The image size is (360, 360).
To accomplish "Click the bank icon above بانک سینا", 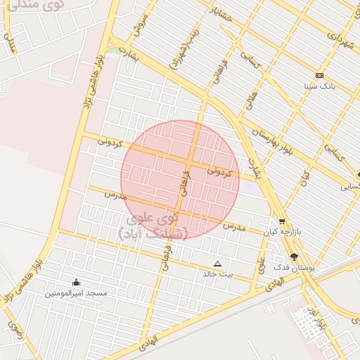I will [x=319, y=75].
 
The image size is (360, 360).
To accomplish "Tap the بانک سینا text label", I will [x=319, y=86].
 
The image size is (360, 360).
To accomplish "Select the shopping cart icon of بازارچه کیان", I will [x=281, y=221].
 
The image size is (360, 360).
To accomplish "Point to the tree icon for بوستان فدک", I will [x=293, y=257].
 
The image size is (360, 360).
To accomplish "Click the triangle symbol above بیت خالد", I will [x=217, y=264].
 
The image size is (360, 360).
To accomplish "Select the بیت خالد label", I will [x=217, y=274].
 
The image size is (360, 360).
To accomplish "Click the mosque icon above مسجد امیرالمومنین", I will [x=76, y=283].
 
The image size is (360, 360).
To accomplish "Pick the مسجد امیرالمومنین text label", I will [x=77, y=292].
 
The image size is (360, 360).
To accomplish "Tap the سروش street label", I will [x=141, y=24].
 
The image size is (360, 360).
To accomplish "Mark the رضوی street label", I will [x=15, y=330].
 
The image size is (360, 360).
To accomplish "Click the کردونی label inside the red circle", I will [x=220, y=171].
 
